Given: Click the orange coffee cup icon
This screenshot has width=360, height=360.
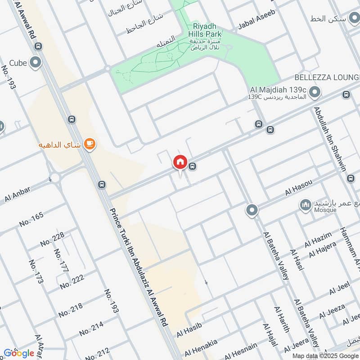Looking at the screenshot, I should (90, 144).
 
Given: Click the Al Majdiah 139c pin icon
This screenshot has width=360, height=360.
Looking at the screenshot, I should (315, 93).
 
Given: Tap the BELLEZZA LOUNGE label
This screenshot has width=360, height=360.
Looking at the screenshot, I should (327, 77).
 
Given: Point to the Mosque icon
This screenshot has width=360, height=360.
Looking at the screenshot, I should (306, 205).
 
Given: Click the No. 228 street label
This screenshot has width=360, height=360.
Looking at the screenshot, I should (52, 239).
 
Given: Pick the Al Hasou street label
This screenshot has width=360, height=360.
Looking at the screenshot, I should (298, 188).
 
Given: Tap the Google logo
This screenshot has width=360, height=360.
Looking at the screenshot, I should (19, 353).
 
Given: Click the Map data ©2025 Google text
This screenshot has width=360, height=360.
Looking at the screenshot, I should (324, 355).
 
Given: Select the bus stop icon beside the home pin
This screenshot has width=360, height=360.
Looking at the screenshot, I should (193, 166).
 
